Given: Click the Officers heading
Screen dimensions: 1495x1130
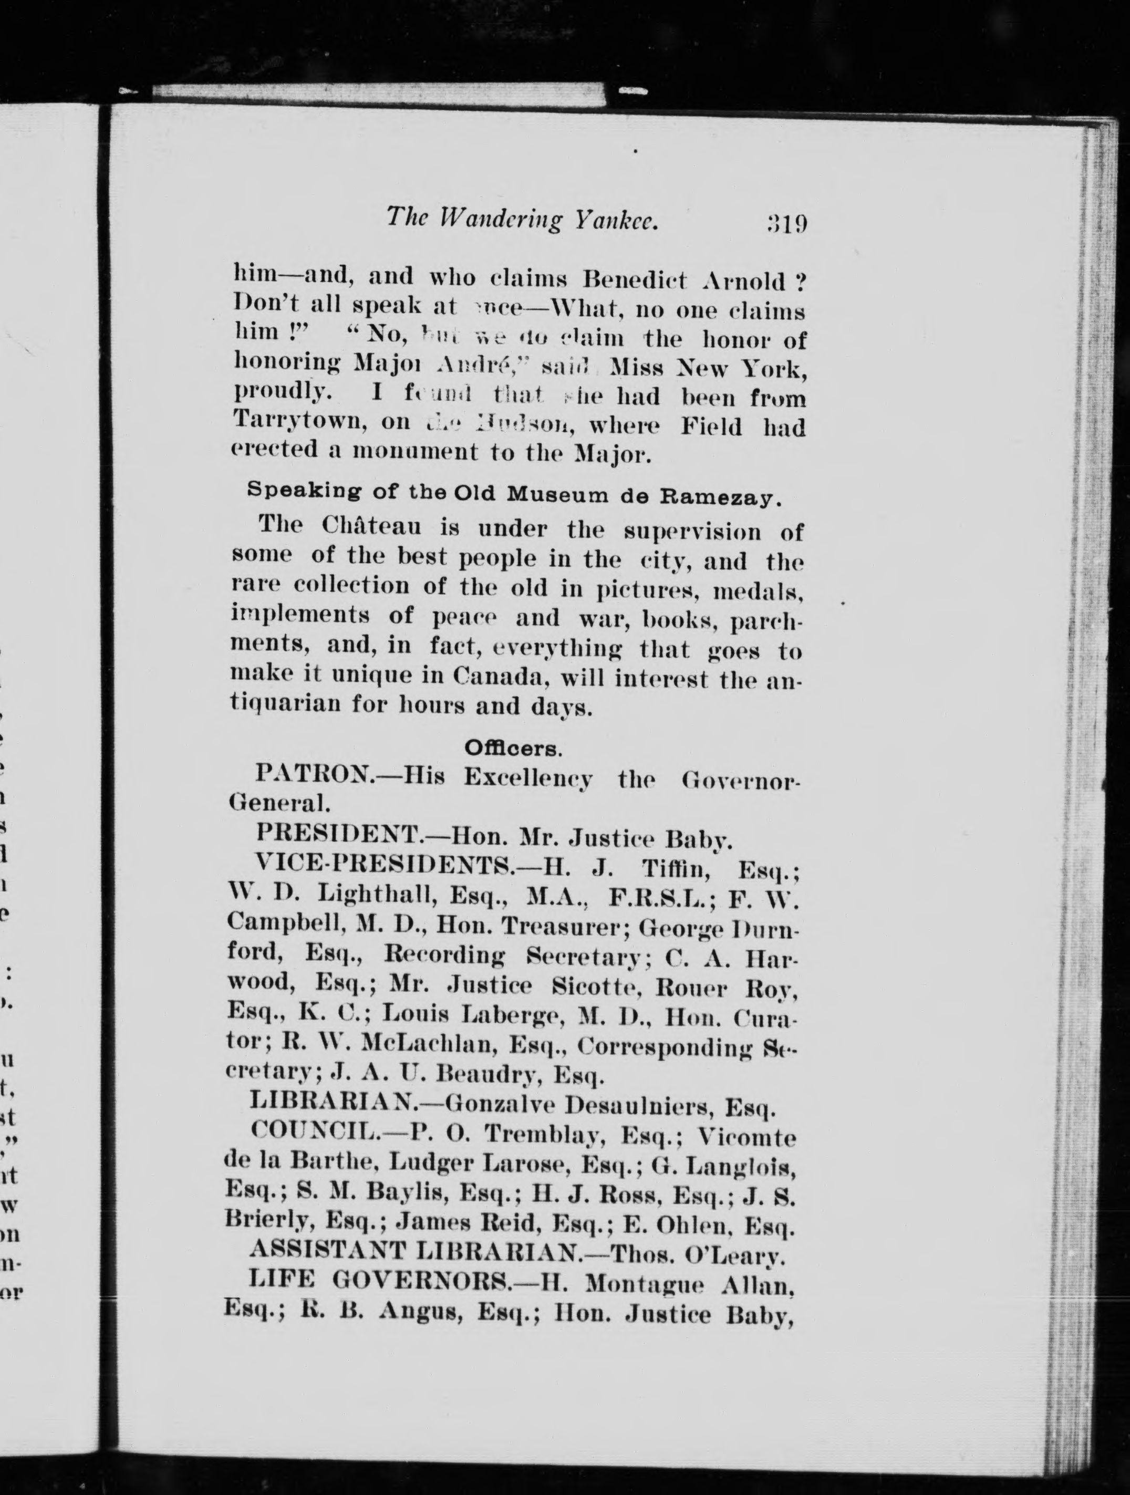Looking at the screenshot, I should click(x=513, y=748).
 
